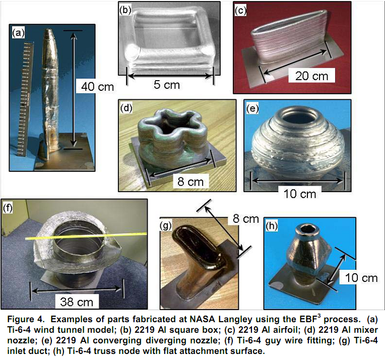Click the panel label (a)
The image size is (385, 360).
[19, 33]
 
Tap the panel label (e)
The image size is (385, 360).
[252, 108]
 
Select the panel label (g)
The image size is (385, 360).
[166, 225]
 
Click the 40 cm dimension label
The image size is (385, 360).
[97, 87]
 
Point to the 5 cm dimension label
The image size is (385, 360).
[167, 85]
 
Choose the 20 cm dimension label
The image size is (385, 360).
[312, 76]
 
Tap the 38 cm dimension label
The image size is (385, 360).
[77, 302]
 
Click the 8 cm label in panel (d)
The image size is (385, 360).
[191, 182]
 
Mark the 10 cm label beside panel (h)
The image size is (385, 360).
[361, 278]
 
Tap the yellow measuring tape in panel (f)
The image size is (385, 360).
[86, 235]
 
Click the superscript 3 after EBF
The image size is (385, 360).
[319, 316]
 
